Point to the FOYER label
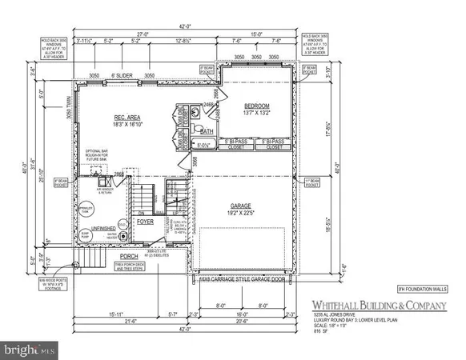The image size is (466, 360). click(145, 223)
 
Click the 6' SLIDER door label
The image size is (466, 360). click(122, 75)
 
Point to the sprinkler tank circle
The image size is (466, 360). click(113, 215)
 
